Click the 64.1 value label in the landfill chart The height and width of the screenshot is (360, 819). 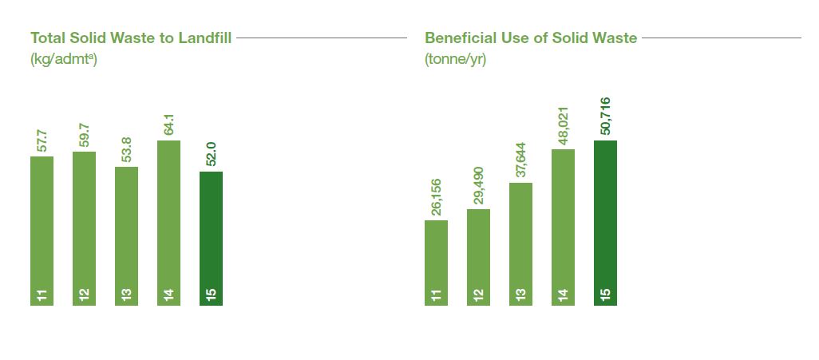[168, 124]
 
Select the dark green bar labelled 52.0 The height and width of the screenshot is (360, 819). [211, 238]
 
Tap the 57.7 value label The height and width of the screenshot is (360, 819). [42, 140]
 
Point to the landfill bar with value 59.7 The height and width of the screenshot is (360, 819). [84, 228]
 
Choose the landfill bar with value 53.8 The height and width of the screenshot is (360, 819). [126, 236]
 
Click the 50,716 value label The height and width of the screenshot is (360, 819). [605, 117]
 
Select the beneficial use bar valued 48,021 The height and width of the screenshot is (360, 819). [563, 227]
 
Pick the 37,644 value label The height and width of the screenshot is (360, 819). [520, 160]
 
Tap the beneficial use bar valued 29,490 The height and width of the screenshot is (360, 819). [478, 257]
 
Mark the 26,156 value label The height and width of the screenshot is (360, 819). [436, 197]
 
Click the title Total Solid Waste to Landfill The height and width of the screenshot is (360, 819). [131, 38]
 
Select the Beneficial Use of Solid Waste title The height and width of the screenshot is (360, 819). [531, 38]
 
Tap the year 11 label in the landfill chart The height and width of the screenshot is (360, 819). [42, 296]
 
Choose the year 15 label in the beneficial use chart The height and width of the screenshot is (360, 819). [605, 296]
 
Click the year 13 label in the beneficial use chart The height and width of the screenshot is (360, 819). [520, 296]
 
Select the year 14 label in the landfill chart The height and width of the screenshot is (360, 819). [168, 296]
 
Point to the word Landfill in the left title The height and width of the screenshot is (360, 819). [204, 38]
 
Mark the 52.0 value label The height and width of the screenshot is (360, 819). [211, 154]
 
